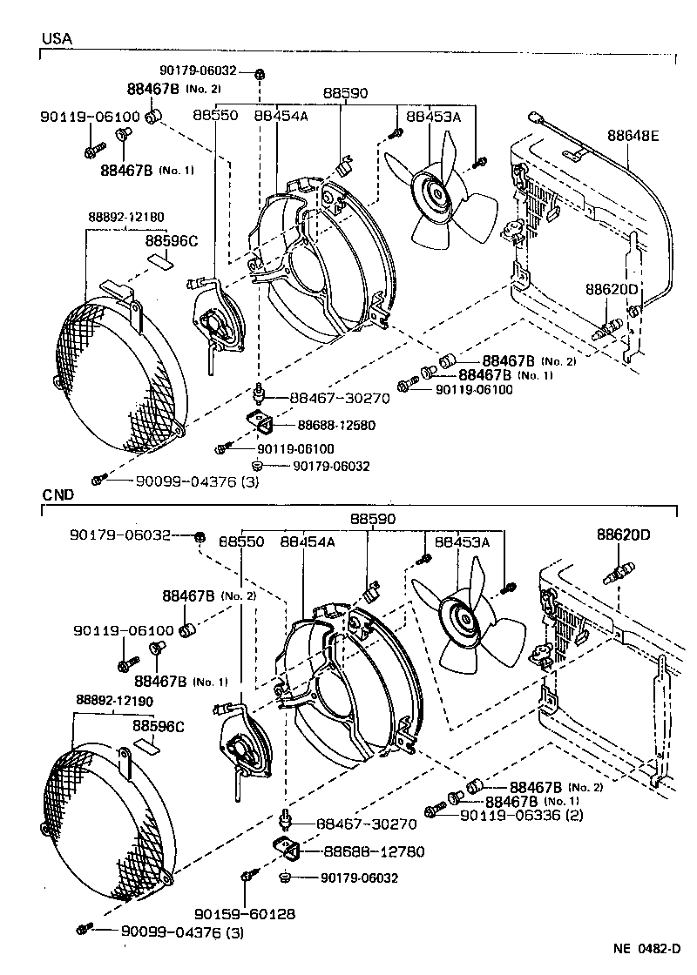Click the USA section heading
point(57,38)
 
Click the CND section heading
point(58,495)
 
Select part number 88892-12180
point(126,217)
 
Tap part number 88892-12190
point(114,700)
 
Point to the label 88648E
point(633,136)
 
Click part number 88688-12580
point(336,426)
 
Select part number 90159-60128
point(245,913)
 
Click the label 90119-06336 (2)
point(522,815)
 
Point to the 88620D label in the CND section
point(624,535)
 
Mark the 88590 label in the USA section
point(345,93)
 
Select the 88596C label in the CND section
point(158,726)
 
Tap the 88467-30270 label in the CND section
point(367,824)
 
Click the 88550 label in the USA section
point(215,116)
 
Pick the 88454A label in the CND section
point(308,542)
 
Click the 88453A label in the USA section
point(434,117)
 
